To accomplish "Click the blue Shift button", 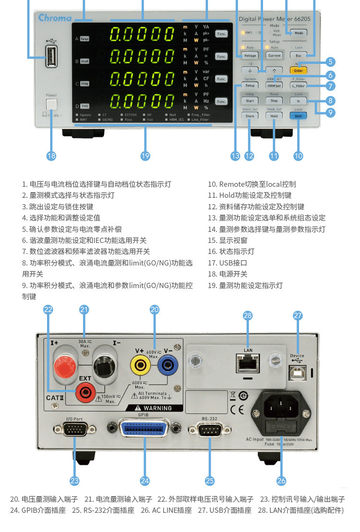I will (298, 116).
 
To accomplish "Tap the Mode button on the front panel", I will (299, 33).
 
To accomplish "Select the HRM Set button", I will (274, 86).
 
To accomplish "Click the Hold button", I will (274, 116).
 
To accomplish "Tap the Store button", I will (250, 116).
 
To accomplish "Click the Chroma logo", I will (55, 18).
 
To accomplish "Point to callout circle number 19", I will (145, 156).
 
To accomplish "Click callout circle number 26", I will (281, 480).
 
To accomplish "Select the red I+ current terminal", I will (65, 367).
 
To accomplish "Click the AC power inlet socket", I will (282, 408).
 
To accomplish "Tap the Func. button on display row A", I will (221, 34).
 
